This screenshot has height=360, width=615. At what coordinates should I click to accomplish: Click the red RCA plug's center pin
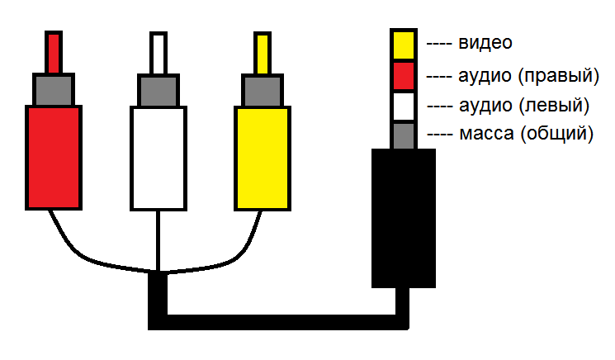pyautogui.click(x=54, y=53)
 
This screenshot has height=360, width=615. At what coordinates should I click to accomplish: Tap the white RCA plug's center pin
pyautogui.click(x=158, y=53)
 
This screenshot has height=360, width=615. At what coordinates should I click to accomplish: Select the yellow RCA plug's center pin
pyautogui.click(x=263, y=53)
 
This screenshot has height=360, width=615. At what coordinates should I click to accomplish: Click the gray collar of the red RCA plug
pyautogui.click(x=54, y=90)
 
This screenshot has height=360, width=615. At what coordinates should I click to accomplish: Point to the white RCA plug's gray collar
pyautogui.click(x=158, y=90)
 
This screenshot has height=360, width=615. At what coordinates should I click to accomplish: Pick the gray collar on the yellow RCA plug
pyautogui.click(x=263, y=90)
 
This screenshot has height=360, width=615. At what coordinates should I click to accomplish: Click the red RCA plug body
pyautogui.click(x=54, y=158)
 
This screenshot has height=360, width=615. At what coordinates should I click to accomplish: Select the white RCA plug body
pyautogui.click(x=158, y=158)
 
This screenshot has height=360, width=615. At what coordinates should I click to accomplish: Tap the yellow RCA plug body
pyautogui.click(x=263, y=158)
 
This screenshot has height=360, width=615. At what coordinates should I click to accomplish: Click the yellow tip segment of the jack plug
pyautogui.click(x=404, y=45)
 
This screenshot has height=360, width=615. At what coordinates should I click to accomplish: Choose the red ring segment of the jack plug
pyautogui.click(x=404, y=76)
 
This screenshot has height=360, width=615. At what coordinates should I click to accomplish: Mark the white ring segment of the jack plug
pyautogui.click(x=404, y=107)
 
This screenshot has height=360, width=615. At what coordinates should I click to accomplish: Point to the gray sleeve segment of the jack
pyautogui.click(x=404, y=135)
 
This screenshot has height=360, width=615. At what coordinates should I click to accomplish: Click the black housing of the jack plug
pyautogui.click(x=404, y=218)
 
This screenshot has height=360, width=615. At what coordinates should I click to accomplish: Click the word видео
pyautogui.click(x=485, y=43)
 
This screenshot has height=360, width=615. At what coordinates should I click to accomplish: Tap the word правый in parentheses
pyautogui.click(x=559, y=76)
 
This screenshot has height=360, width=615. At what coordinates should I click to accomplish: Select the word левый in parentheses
pyautogui.click(x=554, y=106)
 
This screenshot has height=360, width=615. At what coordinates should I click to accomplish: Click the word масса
pyautogui.click(x=486, y=134)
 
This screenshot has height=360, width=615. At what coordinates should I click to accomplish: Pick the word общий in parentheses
pyautogui.click(x=557, y=134)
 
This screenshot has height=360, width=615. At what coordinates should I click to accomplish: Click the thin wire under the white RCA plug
pyautogui.click(x=158, y=241)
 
